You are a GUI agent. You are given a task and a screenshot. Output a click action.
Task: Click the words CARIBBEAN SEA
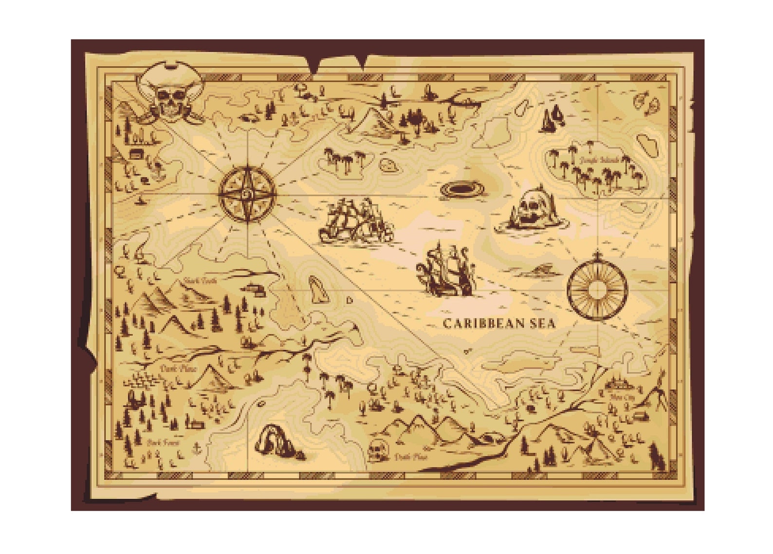[x=499, y=323]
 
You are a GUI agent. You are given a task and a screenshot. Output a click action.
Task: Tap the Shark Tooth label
[x=198, y=280]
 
